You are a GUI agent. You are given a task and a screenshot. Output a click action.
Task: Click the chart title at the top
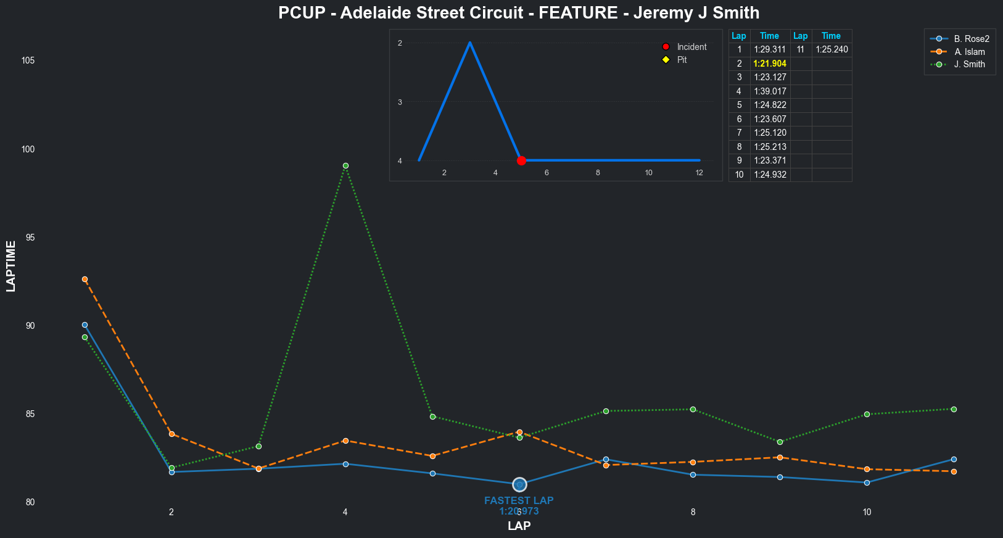coord(518,12)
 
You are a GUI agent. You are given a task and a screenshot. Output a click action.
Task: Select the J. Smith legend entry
coord(969,64)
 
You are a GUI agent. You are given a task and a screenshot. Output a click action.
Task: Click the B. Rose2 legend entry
coord(971,39)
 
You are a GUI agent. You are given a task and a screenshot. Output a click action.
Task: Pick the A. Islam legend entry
coord(969,52)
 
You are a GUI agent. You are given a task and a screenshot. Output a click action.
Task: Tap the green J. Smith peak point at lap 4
coord(345,166)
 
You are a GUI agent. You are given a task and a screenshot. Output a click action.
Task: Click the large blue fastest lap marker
coord(519,484)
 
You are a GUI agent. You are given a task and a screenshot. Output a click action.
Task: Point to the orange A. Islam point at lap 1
coord(85,279)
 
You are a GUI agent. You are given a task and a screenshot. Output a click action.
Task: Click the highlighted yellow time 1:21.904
coord(770,64)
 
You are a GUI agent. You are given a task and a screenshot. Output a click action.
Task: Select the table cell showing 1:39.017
coord(770,91)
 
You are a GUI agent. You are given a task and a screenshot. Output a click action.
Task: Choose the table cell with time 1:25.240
coord(832,49)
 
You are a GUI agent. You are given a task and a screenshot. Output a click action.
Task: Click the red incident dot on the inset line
coord(521,160)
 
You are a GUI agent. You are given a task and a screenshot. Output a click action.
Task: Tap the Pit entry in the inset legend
coord(682,60)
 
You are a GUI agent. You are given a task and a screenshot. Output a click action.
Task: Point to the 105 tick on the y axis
coord(28,60)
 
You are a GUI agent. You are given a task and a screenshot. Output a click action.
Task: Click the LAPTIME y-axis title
coord(11,266)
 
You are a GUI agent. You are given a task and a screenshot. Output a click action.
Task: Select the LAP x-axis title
coord(519,526)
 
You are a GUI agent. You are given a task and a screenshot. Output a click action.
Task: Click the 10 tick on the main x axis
coord(867,512)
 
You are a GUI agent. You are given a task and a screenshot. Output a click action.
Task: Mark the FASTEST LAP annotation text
coord(519,501)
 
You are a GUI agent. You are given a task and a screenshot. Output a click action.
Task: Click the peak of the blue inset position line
coord(470,43)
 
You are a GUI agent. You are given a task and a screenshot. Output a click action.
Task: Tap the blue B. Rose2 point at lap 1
coord(85,325)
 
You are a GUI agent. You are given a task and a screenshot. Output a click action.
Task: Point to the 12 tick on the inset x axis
coord(700,173)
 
